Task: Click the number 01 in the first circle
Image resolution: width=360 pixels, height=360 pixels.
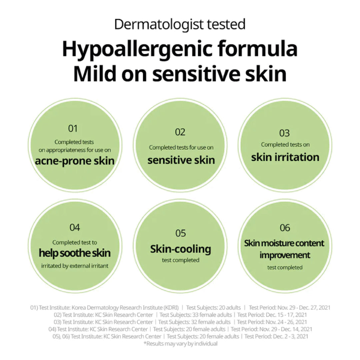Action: [x=73, y=128]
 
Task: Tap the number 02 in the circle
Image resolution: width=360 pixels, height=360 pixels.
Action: [x=180, y=132]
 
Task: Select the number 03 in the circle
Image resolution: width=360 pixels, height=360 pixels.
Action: [x=284, y=133]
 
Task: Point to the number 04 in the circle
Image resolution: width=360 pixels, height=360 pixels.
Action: [x=75, y=228]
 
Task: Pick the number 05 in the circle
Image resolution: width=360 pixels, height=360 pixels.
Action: [x=180, y=233]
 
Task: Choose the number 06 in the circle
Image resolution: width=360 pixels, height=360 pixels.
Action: [x=285, y=228]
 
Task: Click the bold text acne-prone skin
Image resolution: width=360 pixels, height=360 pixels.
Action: [x=75, y=161]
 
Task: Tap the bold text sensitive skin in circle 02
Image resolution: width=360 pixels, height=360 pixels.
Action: [x=181, y=160]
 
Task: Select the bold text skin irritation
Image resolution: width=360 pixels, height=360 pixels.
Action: [x=285, y=157]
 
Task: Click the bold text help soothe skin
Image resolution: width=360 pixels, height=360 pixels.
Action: [x=75, y=253]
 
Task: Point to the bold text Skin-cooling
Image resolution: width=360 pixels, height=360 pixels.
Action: [x=180, y=249]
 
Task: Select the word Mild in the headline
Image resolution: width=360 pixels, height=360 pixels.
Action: [x=94, y=75]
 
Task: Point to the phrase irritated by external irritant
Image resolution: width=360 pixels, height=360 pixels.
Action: [x=75, y=266]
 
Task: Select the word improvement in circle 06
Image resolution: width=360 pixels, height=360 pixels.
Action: [x=285, y=255]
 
